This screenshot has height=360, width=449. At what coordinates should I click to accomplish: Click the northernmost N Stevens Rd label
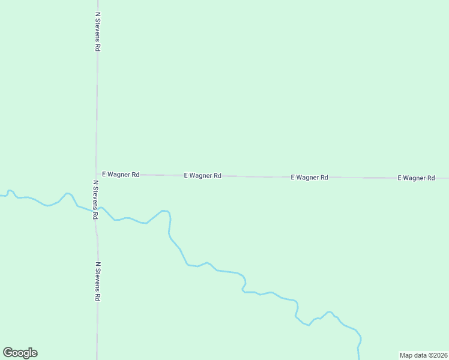pos(97,31)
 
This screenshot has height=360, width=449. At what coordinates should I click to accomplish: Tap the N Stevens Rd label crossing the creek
pos(95,200)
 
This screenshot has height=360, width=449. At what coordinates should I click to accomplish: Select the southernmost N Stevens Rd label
pos(97,281)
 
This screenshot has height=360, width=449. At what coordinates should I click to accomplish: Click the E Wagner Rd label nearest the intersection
pos(121,174)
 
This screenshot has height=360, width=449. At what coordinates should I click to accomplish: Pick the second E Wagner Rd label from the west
pos(202,176)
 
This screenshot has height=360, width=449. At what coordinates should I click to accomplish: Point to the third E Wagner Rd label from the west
pos(309,178)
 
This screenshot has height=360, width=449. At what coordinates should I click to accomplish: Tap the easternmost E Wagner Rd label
pos(416,178)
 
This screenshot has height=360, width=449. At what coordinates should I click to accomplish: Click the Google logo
pos(20,353)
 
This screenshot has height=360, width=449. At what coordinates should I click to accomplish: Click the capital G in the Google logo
pos(8,352)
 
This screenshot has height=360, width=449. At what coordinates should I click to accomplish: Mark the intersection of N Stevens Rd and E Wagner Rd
pos(96,174)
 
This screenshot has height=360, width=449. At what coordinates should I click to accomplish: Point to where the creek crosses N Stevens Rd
pos(95,211)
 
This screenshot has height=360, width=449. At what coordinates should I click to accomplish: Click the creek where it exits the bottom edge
pos(359,358)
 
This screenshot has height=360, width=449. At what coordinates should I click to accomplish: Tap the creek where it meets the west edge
pos(1,195)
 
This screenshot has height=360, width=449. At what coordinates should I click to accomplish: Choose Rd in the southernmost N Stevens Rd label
pos(97,296)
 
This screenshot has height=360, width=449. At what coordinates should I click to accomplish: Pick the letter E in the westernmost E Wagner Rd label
pos(104,174)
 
